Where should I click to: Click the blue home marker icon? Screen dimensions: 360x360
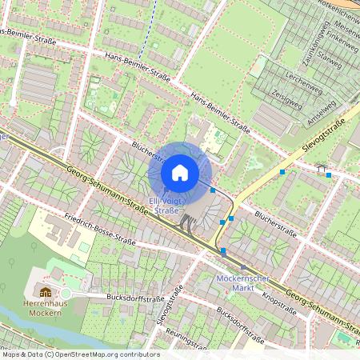click(x=180, y=173)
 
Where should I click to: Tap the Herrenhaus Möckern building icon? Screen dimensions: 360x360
click(x=45, y=293)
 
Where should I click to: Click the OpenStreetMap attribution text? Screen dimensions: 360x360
click(x=80, y=354)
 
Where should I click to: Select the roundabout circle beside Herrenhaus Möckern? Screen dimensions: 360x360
click(x=66, y=294)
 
